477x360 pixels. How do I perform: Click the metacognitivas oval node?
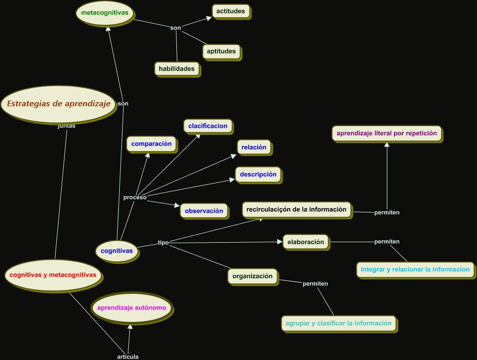(105, 12)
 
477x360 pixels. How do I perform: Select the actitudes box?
(230, 11)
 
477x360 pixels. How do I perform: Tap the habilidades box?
(177, 69)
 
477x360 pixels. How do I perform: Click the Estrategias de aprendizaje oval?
(59, 104)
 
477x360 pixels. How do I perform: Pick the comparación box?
(151, 144)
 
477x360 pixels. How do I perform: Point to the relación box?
(254, 147)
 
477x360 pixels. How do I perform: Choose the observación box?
(204, 211)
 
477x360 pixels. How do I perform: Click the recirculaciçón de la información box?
(297, 210)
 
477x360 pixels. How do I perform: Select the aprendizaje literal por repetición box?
(387, 133)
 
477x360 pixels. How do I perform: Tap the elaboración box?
(306, 242)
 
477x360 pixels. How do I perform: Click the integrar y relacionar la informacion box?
(415, 269)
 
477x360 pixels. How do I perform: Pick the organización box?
(253, 276)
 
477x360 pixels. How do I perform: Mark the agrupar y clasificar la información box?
(339, 323)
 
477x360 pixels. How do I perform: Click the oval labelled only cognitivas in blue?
(117, 250)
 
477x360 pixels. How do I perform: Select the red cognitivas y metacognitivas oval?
(53, 275)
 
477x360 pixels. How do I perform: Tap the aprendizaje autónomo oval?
(132, 307)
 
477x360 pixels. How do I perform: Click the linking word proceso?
(135, 198)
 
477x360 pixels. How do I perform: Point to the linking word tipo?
(163, 243)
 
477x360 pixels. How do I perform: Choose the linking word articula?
(128, 356)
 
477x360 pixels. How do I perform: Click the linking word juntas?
(67, 126)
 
